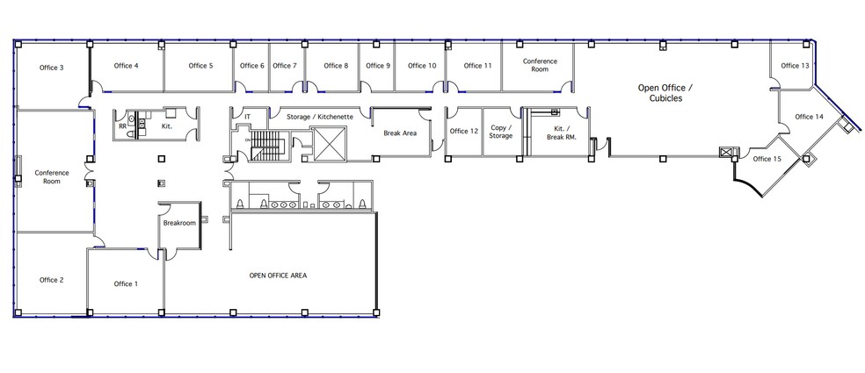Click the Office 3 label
click(x=51, y=68)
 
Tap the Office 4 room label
click(x=126, y=66)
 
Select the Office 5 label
click(x=200, y=66)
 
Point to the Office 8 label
click(x=335, y=66)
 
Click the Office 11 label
click(x=477, y=66)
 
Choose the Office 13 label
click(x=795, y=66)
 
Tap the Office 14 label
click(x=809, y=117)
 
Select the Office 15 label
click(x=767, y=159)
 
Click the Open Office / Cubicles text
click(x=665, y=93)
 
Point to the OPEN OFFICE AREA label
click(x=278, y=276)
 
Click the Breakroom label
click(x=179, y=223)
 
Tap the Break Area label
click(x=401, y=134)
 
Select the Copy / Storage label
click(x=502, y=132)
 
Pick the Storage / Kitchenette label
click(x=320, y=116)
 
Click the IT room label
click(x=247, y=116)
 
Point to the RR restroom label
click(x=122, y=126)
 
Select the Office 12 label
click(x=463, y=132)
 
